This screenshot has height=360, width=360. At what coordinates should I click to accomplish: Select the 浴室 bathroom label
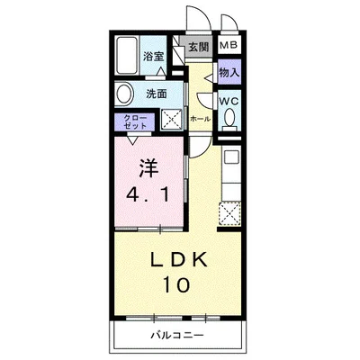click(153, 56)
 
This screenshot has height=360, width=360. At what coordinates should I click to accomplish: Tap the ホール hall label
click(200, 117)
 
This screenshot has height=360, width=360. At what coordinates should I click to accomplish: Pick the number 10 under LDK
click(176, 286)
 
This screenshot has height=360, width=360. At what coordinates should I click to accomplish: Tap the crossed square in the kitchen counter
click(229, 214)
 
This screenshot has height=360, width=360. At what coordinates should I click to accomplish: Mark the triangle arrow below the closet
click(133, 136)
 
